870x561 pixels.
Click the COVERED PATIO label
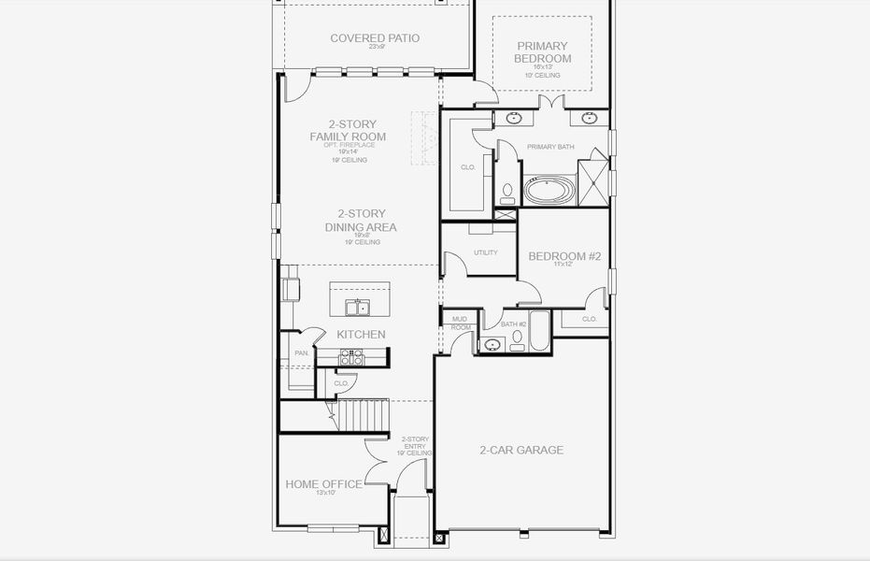[x=375, y=38]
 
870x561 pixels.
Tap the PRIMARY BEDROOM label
[x=542, y=52]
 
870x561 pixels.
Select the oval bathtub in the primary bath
[x=551, y=192]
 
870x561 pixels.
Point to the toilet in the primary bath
[x=507, y=193]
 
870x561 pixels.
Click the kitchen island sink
[x=357, y=307]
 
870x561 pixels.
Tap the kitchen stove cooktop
[x=350, y=356]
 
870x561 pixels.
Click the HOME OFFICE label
[x=323, y=484]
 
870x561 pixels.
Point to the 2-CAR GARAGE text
[x=521, y=450]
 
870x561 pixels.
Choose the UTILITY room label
[x=486, y=252]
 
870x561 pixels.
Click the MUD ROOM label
[x=461, y=324]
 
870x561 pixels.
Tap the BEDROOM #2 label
[x=563, y=256]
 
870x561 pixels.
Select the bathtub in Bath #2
[x=541, y=332]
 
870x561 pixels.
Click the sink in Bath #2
[x=492, y=345]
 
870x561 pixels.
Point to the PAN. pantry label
[x=301, y=353]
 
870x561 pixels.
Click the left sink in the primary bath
[x=514, y=119]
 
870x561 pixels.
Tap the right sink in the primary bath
[x=589, y=119]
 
